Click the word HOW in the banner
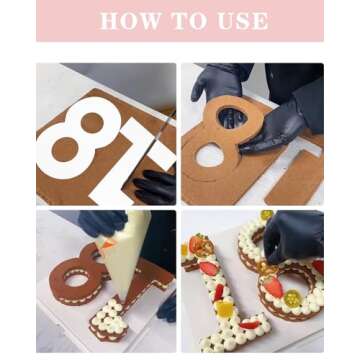click(121, 21)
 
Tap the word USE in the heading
click(243, 21)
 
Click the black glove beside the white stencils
click(155, 187)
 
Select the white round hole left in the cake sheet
click(209, 155)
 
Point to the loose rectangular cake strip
click(293, 178)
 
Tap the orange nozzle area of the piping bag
click(107, 244)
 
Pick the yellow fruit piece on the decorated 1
click(225, 309)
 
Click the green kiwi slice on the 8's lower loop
click(293, 299)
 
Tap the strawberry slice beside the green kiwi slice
click(273, 287)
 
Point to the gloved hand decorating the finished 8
click(293, 237)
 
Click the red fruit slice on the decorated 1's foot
click(250, 325)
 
